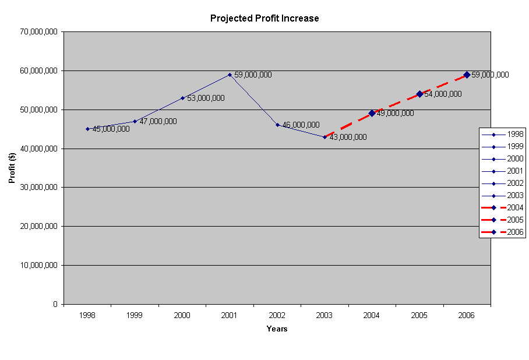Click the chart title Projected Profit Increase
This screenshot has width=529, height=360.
coord(264,18)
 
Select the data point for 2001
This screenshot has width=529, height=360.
coord(230,75)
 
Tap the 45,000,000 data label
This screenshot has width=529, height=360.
coord(111,129)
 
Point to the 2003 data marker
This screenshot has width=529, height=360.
coord(325,137)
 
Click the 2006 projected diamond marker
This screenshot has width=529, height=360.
coord(467,75)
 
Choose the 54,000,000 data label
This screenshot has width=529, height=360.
coord(443,94)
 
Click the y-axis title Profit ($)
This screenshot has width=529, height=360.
coord(12,168)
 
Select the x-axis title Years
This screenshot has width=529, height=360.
coord(277,329)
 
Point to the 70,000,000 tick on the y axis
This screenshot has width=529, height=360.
coord(38,32)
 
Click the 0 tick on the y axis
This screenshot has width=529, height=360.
coord(54,304)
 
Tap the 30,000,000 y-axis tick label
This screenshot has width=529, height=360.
coord(38,188)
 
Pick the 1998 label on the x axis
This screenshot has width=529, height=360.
coord(87,315)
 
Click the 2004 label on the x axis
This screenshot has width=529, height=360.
coord(372,315)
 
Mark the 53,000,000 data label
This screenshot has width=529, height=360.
coord(206,98)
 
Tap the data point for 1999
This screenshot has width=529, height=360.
coord(135,121)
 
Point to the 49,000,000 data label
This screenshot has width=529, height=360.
coord(395,113)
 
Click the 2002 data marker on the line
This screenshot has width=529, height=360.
coord(277,125)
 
